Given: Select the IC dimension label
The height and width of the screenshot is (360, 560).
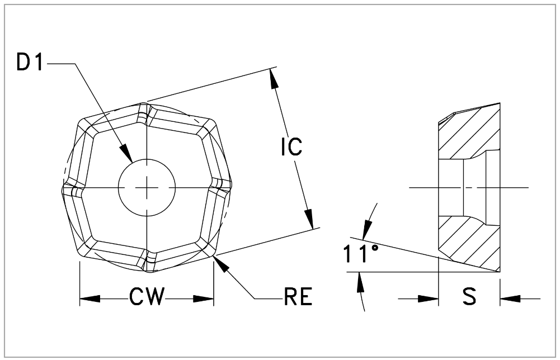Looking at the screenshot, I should click(291, 146).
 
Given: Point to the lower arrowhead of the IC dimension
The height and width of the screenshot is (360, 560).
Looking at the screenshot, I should click(309, 219).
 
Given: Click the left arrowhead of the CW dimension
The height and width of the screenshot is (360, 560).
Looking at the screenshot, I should click(90, 299).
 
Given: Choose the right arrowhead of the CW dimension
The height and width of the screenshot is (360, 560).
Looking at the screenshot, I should click(204, 299).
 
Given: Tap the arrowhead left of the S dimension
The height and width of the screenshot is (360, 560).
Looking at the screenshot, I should click(428, 299).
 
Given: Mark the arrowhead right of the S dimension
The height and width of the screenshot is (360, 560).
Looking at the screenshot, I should click(510, 299).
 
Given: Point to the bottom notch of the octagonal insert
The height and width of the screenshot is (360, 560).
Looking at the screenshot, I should click(148, 263).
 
